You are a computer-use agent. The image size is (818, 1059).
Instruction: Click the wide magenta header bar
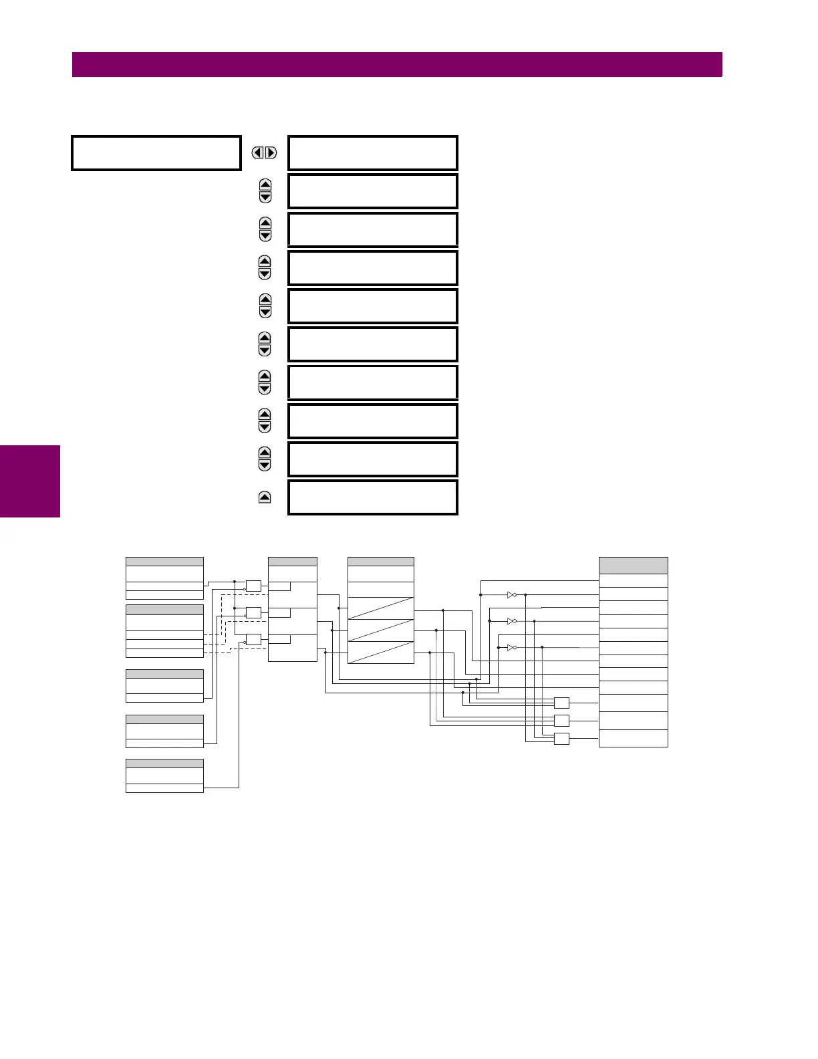(x=397, y=65)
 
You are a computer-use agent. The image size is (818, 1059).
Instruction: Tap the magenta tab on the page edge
(x=30, y=481)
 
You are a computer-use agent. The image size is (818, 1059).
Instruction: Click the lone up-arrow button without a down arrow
(x=265, y=497)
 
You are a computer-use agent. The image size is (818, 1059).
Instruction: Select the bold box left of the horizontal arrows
(x=156, y=153)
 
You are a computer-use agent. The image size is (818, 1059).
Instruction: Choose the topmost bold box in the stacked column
(x=373, y=153)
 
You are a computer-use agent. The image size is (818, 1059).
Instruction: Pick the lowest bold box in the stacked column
(x=373, y=497)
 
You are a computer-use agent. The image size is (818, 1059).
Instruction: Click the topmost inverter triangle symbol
(x=511, y=594)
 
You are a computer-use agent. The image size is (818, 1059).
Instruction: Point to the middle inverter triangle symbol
(x=511, y=621)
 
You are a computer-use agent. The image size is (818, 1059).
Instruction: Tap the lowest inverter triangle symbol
(x=511, y=648)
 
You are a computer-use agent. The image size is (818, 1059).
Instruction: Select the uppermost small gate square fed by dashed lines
(x=253, y=586)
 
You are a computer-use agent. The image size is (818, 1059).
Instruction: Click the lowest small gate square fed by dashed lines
(x=253, y=639)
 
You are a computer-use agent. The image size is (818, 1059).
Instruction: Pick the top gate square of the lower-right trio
(x=561, y=703)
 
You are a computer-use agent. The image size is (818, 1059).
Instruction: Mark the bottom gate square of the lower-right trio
(x=561, y=739)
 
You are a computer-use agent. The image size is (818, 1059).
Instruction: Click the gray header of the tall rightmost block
(x=633, y=566)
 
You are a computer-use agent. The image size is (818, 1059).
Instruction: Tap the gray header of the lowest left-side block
(x=164, y=763)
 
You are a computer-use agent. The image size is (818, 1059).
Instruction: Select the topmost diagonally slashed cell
(x=381, y=608)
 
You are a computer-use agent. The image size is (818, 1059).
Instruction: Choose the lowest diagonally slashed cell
(x=381, y=653)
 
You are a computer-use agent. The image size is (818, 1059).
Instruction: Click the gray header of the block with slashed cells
(x=381, y=562)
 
